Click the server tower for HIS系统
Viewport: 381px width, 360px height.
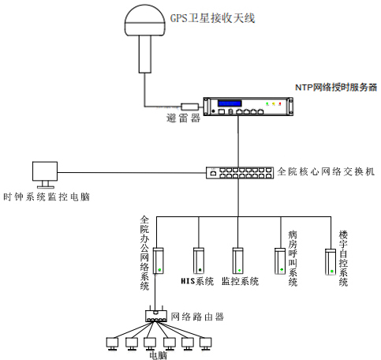click(x=198, y=260)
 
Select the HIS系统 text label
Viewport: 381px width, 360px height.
click(x=197, y=281)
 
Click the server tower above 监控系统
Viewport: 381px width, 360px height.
click(x=237, y=260)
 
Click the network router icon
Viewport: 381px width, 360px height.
click(x=159, y=316)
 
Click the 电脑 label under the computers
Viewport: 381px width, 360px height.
click(x=159, y=354)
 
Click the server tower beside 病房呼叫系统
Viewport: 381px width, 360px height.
click(x=280, y=261)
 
